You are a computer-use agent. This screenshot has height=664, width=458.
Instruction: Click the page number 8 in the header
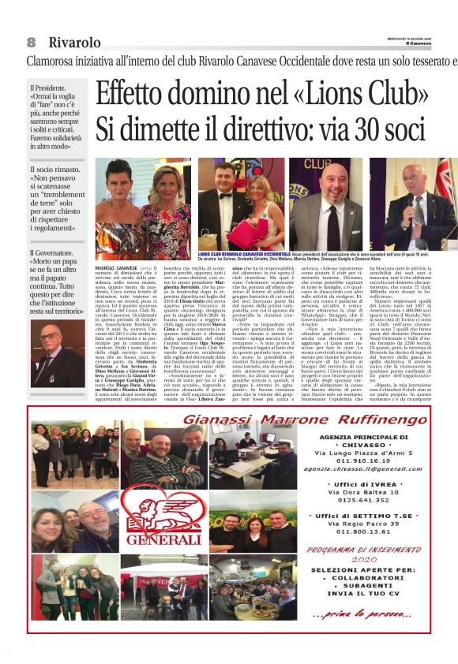point(32,42)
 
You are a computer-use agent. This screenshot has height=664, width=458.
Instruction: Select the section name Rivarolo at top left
point(74,42)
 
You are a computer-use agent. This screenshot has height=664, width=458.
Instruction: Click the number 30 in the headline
point(357,129)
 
